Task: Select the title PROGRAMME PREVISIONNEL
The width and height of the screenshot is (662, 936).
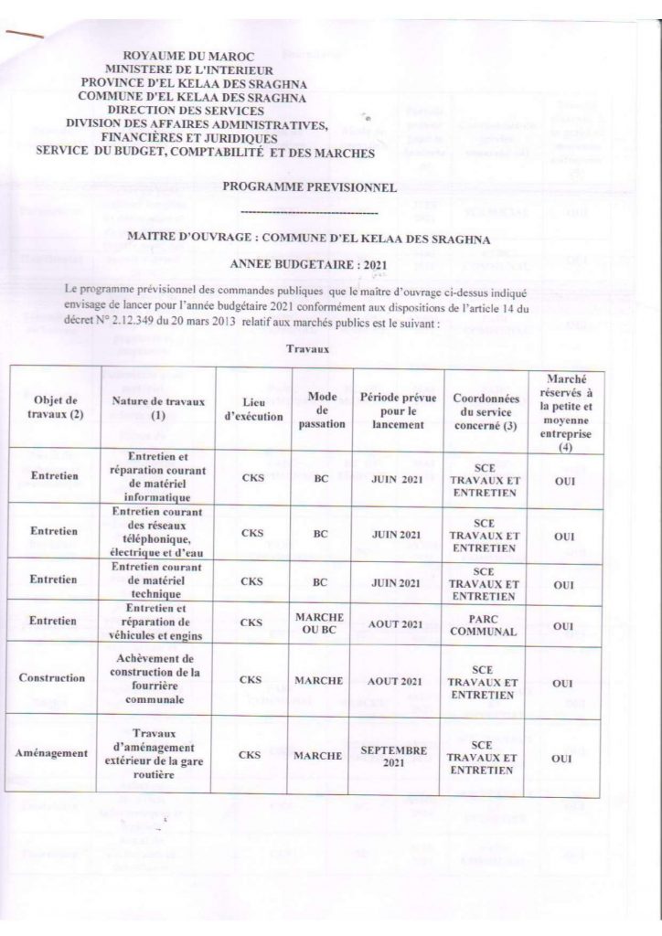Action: click(315, 188)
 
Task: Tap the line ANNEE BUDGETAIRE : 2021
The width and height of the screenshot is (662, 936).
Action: click(308, 264)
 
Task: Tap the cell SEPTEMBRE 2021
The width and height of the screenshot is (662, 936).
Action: click(394, 756)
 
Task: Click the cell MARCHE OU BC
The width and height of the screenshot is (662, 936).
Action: click(320, 624)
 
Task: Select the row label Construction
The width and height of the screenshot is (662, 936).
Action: click(52, 678)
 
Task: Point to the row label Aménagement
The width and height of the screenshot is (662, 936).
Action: click(51, 754)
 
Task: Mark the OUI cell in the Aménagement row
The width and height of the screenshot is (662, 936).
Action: click(563, 759)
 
